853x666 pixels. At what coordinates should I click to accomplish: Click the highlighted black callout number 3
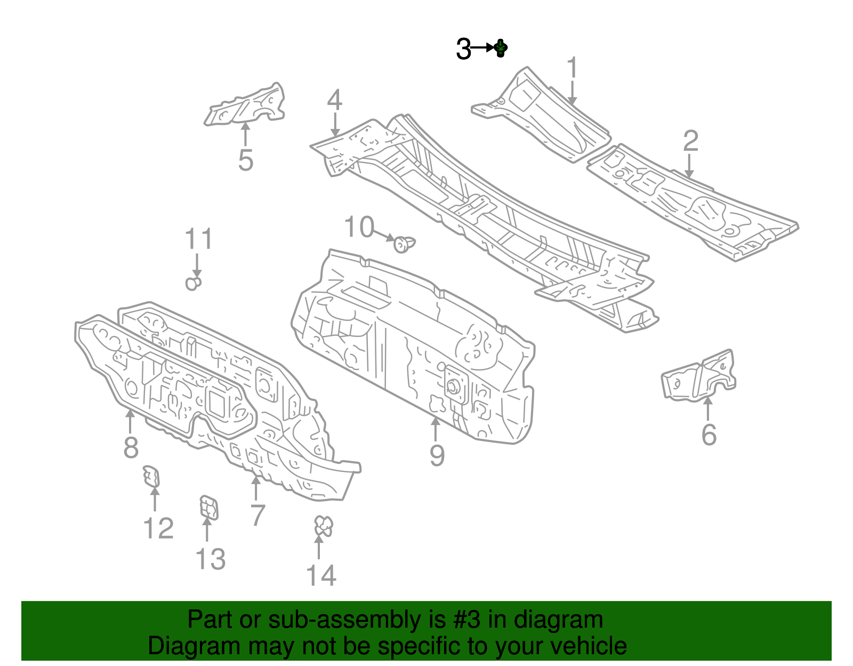pyautogui.click(x=464, y=50)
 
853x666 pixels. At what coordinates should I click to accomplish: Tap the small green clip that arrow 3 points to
pyautogui.click(x=501, y=49)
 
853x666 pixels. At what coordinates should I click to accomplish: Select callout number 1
pyautogui.click(x=572, y=68)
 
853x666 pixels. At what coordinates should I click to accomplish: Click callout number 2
pyautogui.click(x=690, y=141)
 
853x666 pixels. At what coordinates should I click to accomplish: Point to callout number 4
pyautogui.click(x=334, y=100)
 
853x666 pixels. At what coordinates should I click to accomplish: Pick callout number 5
pyautogui.click(x=245, y=160)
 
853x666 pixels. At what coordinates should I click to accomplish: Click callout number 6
pyautogui.click(x=709, y=435)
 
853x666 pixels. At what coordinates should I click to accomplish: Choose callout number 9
pyautogui.click(x=437, y=456)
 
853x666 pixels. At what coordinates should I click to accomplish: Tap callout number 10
pyautogui.click(x=359, y=228)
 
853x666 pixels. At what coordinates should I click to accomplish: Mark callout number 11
pyautogui.click(x=199, y=239)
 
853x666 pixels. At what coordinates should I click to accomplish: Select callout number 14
pyautogui.click(x=321, y=576)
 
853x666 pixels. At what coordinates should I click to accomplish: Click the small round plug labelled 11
pyautogui.click(x=194, y=283)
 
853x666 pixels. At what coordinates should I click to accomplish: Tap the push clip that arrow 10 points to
pyautogui.click(x=404, y=244)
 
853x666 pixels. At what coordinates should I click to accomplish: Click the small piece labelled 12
pyautogui.click(x=151, y=476)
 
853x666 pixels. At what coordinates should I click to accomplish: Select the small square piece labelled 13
pyautogui.click(x=208, y=507)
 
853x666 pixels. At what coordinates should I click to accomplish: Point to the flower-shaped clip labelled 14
pyautogui.click(x=323, y=526)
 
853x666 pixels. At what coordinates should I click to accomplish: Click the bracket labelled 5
pyautogui.click(x=246, y=105)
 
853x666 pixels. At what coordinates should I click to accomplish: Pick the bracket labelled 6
pyautogui.click(x=699, y=376)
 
